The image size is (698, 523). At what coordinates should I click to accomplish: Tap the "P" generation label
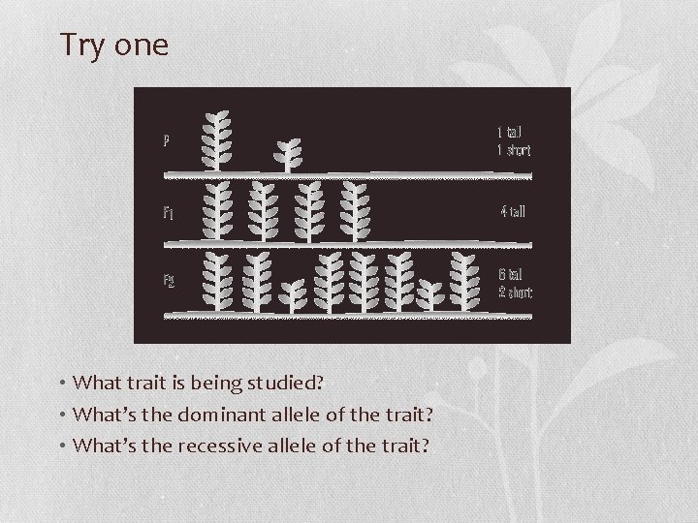(168, 139)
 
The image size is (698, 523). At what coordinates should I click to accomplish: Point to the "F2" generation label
(170, 282)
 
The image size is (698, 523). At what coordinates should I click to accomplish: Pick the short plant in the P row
(287, 153)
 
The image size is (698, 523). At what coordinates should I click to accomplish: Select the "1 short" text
(514, 150)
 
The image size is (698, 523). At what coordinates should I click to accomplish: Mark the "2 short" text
(515, 292)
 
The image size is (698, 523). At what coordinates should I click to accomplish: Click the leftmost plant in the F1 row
(217, 209)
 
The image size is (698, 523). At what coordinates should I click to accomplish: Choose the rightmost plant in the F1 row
(356, 209)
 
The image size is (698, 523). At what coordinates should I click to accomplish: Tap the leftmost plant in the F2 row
(217, 281)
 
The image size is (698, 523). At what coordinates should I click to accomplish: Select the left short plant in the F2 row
(292, 294)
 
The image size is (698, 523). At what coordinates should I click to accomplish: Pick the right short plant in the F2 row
(431, 294)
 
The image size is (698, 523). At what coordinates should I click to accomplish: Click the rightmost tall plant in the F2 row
(466, 281)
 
